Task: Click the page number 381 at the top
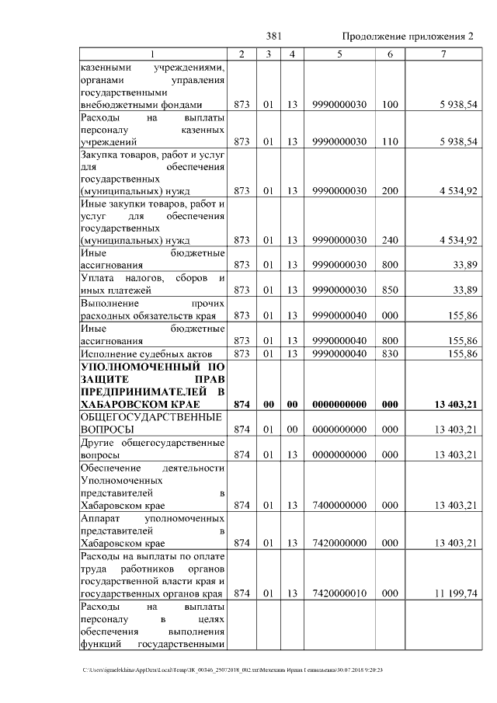click(x=273, y=37)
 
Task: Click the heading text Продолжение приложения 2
click(x=407, y=37)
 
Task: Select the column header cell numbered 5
click(x=339, y=54)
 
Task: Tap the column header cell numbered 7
click(x=443, y=54)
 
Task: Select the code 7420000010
click(x=339, y=593)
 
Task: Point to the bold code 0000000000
click(x=339, y=405)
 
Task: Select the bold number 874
click(x=242, y=405)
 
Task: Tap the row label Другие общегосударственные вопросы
click(x=152, y=448)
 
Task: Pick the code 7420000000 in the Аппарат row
click(x=339, y=542)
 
